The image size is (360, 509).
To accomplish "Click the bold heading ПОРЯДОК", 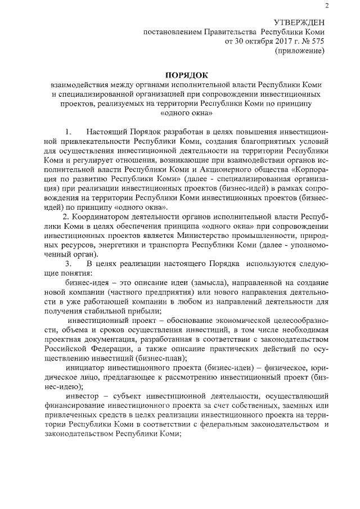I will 186,75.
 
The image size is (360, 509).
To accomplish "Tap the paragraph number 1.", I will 69,131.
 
